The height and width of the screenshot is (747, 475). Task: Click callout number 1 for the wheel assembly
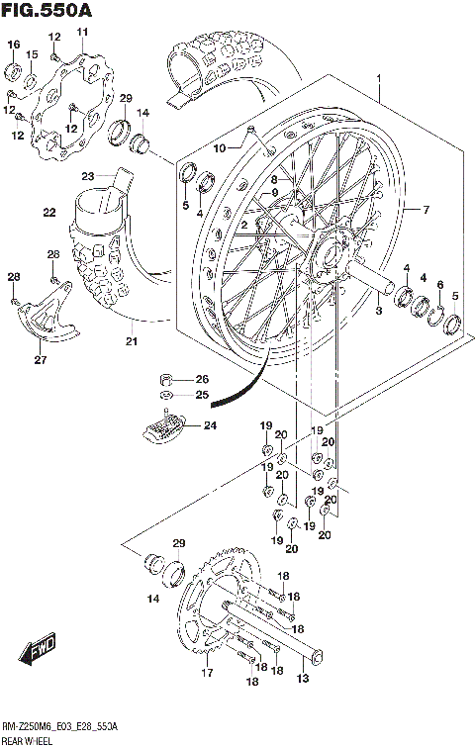378,78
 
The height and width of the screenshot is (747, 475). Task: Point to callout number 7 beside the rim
427,210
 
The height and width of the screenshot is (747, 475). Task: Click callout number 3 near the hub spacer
378,311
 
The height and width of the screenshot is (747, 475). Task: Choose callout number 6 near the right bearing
439,284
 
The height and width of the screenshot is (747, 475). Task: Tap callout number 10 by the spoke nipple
220,148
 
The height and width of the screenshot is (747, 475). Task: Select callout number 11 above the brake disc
82,33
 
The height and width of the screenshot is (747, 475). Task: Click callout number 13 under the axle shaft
303,678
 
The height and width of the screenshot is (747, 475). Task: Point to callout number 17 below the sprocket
207,674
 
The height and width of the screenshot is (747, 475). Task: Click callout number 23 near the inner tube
88,176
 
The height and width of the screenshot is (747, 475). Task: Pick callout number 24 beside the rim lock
210,426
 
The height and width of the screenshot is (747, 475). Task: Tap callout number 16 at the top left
14,45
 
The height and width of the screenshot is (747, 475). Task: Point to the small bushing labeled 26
168,379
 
